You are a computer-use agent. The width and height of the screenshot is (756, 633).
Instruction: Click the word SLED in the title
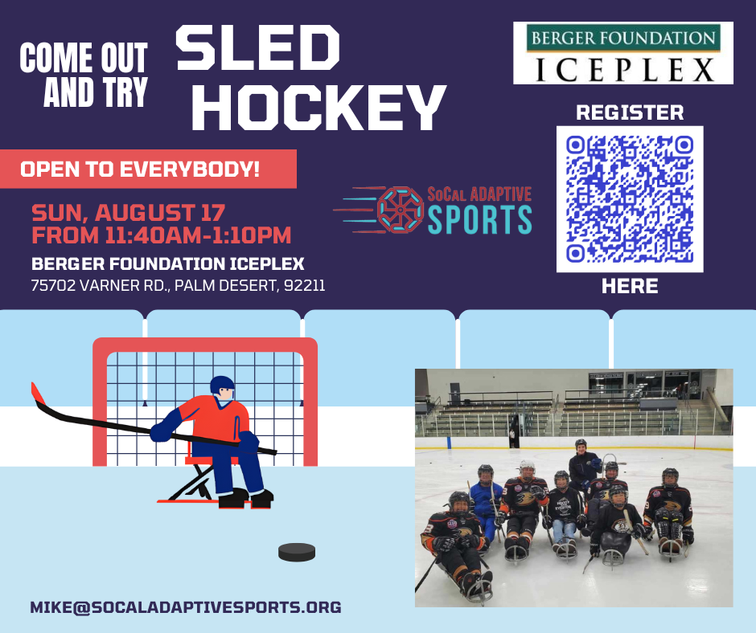click(x=257, y=47)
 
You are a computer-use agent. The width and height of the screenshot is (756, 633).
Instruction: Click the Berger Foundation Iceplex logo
click(x=623, y=53)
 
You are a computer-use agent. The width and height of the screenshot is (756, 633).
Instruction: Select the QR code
click(x=630, y=199)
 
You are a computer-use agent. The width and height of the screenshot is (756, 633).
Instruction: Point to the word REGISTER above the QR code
click(x=630, y=112)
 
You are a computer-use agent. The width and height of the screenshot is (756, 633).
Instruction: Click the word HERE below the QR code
click(x=630, y=286)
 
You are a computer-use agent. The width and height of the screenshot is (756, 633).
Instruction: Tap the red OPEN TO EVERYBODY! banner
click(x=148, y=169)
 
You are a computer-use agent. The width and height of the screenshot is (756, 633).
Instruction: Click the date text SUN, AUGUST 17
click(x=128, y=213)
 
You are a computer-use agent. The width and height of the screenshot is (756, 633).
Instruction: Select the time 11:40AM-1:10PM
click(x=198, y=235)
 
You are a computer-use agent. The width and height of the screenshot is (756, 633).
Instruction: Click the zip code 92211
click(x=304, y=285)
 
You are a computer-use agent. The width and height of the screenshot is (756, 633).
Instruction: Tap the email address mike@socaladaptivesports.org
click(x=186, y=607)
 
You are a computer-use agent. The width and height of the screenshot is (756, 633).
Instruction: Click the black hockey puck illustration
click(x=297, y=552)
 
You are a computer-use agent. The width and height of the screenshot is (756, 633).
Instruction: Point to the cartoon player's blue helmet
click(x=222, y=385)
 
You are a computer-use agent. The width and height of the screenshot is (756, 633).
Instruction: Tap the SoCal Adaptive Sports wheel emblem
click(x=401, y=210)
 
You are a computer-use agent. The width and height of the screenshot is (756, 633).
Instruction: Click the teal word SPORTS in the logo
click(x=479, y=219)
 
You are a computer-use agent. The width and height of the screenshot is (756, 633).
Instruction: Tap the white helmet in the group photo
click(x=527, y=467)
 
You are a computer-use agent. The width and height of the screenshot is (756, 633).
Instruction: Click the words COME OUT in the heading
click(x=84, y=58)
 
